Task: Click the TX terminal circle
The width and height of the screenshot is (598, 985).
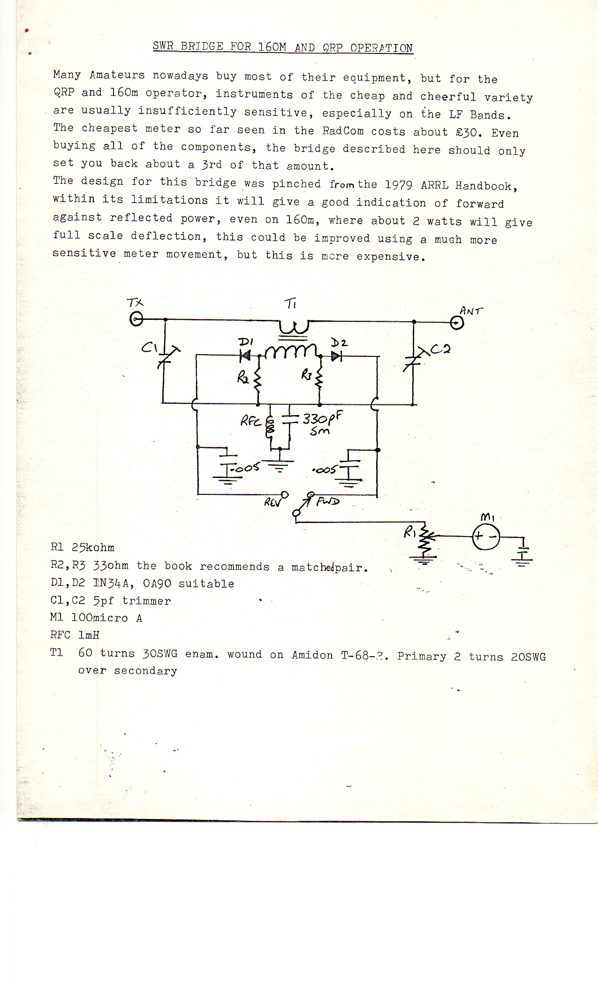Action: [136, 320]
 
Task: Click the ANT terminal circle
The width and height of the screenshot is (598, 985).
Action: [456, 323]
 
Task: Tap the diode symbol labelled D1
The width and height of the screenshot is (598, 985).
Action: [245, 356]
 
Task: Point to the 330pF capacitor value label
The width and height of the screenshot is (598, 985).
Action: [322, 418]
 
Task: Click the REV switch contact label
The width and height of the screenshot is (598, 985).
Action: [273, 502]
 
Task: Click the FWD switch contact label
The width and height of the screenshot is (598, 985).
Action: [328, 501]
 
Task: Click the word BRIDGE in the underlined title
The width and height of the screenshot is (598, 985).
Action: [202, 46]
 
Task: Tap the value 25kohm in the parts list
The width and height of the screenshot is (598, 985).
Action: [93, 547]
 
